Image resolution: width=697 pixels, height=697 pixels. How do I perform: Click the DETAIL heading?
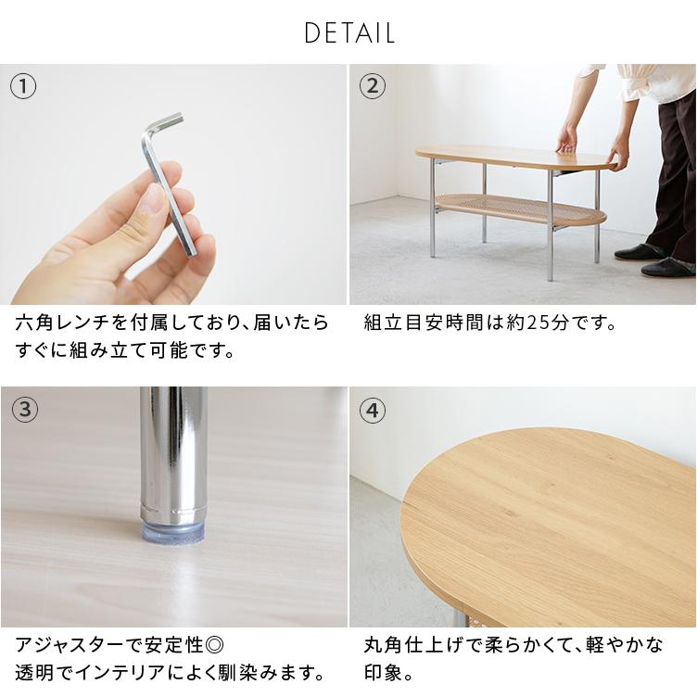coord(348,33)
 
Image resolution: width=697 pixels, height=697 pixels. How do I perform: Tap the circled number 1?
coord(23,87)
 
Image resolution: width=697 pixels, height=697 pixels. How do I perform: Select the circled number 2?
coord(372,87)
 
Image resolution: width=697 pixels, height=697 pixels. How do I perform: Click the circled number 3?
coord(23,410)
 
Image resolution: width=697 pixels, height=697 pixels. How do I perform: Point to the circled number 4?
coord(372,410)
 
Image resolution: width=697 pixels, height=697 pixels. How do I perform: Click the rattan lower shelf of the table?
coord(519,208)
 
